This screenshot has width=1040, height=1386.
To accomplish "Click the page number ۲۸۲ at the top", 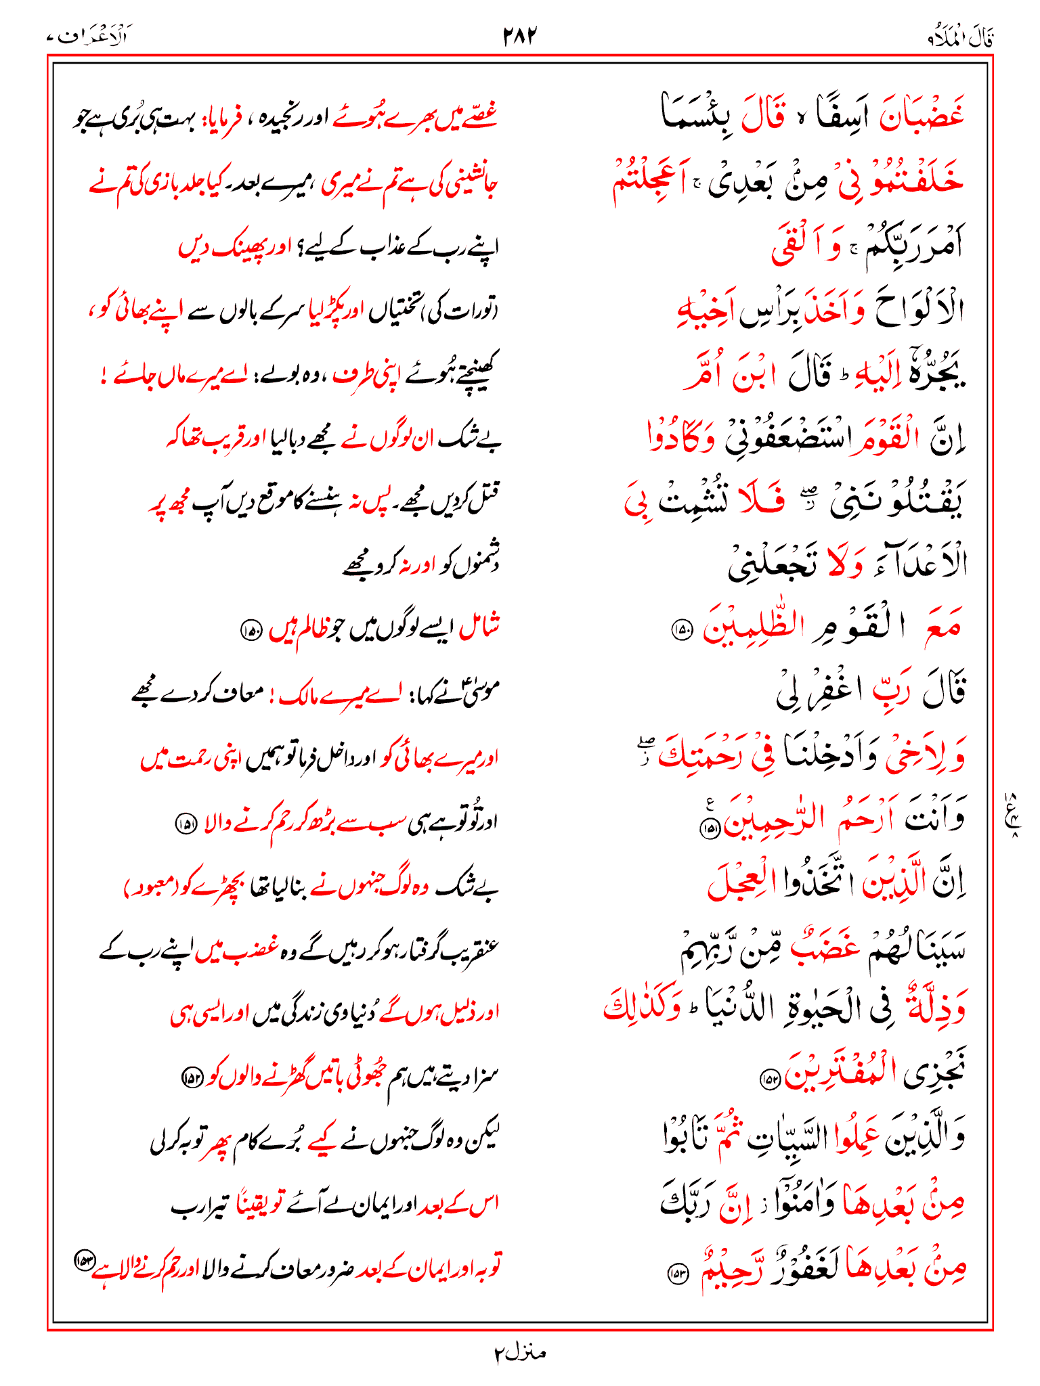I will (519, 35).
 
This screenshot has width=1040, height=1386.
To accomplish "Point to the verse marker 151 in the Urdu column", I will (184, 824).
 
